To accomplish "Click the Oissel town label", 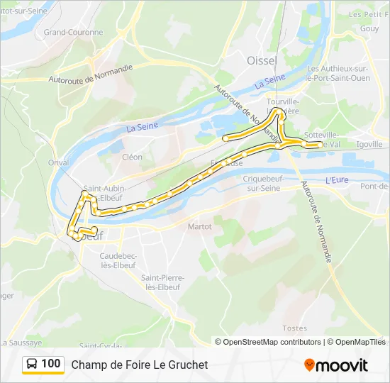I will (x=261, y=60).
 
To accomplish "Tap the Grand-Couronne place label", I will (x=69, y=32).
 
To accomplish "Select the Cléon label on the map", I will (x=132, y=157).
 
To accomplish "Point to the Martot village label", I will (x=199, y=227).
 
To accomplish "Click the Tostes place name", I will (x=294, y=328).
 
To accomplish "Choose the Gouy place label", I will (x=369, y=28).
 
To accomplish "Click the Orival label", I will (x=58, y=162).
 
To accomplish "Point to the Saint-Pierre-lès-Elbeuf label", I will (x=160, y=282).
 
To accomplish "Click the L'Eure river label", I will (x=338, y=180).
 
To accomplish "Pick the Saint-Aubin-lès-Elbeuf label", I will (x=105, y=193).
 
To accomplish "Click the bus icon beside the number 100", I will (x=32, y=365).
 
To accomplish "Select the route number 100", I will (x=51, y=364).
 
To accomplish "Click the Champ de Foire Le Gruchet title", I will (x=140, y=365).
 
